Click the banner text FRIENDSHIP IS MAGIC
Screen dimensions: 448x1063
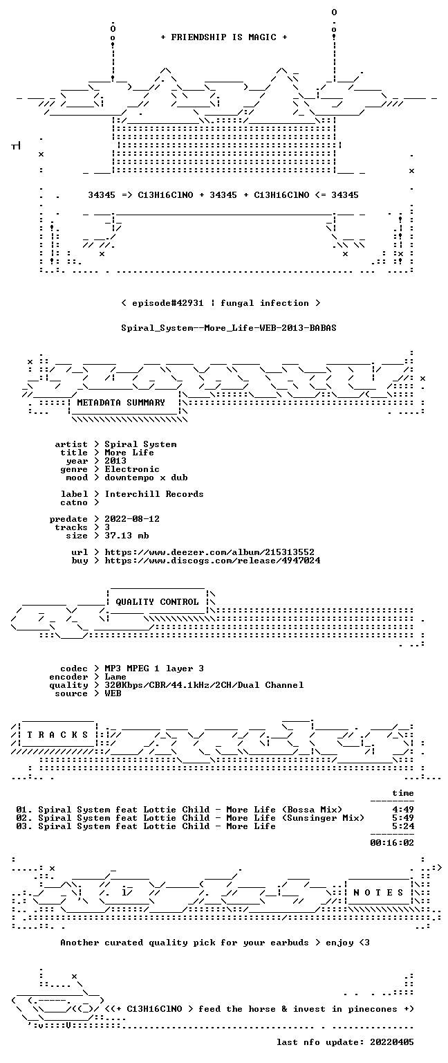click(224, 37)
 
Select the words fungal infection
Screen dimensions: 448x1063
click(265, 303)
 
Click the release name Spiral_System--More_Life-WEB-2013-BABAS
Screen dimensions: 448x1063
click(229, 328)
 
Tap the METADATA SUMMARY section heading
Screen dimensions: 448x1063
click(121, 402)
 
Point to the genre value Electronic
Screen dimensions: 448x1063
click(132, 469)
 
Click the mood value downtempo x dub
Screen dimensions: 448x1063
click(146, 478)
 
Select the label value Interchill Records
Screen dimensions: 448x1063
click(154, 494)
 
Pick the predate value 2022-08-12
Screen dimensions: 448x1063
click(132, 518)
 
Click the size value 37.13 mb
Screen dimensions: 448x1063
click(127, 535)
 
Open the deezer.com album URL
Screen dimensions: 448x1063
click(209, 552)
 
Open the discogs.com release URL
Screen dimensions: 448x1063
click(212, 561)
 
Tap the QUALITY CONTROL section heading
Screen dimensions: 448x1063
click(157, 601)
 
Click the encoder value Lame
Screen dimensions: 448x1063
click(115, 677)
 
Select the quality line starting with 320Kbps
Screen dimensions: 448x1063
click(205, 684)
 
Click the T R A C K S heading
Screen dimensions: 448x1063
click(57, 734)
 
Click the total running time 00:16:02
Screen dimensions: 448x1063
click(392, 843)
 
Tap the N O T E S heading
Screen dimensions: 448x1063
click(378, 893)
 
